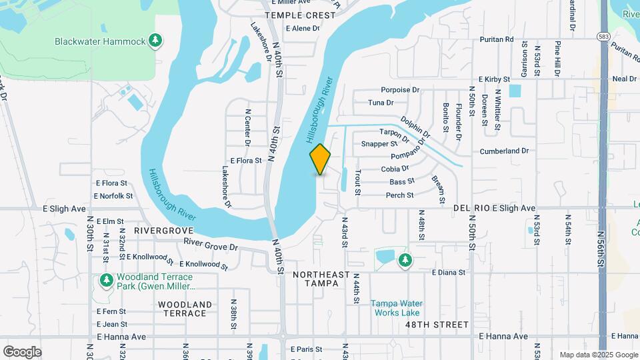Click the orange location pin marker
click(321, 159)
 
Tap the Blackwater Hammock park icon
click(155, 41)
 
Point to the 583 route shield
click(603, 36)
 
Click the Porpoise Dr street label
click(400, 90)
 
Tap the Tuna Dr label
click(381, 103)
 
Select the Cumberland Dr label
click(503, 151)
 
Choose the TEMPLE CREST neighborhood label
click(290, 15)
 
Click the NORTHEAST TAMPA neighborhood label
click(321, 279)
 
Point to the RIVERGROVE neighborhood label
click(163, 230)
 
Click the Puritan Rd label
click(499, 39)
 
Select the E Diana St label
click(448, 273)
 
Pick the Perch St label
click(400, 195)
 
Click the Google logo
click(22, 351)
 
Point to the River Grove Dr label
click(211, 246)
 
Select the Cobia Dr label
click(395, 169)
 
